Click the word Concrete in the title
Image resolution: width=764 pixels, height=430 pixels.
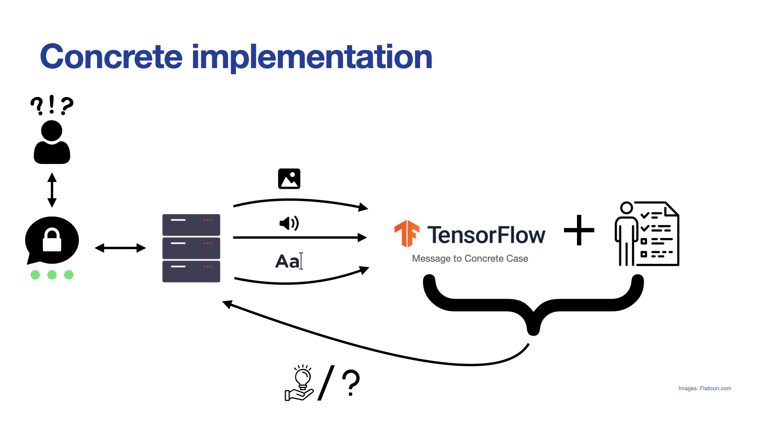coord(111,57)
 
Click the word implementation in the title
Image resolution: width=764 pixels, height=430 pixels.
coord(312,58)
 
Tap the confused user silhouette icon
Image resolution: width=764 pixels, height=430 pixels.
coord(52,142)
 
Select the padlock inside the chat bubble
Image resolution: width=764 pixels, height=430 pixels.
coord(52,239)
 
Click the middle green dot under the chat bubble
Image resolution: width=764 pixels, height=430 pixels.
coord(52,275)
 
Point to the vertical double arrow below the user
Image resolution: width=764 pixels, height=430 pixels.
coord(52,190)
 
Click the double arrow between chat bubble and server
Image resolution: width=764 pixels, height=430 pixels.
coord(120,248)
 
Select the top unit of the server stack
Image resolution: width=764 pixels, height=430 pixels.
coord(191,225)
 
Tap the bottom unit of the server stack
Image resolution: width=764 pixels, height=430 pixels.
coord(191,272)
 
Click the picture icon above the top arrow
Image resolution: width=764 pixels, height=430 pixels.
coord(289,179)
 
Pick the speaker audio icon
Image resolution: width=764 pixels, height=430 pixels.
coord(289,223)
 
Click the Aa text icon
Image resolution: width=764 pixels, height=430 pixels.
coord(289,261)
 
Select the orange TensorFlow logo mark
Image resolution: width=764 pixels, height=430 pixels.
coord(407,234)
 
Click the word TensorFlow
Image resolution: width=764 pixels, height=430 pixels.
coord(486,235)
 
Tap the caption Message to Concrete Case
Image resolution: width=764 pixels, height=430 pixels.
coord(470,259)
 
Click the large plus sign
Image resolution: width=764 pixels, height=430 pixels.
coord(579,230)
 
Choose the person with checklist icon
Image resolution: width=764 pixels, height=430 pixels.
coord(647,234)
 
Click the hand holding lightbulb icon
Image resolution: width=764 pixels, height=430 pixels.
coord(300,383)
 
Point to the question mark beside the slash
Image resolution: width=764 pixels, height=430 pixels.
coord(351,383)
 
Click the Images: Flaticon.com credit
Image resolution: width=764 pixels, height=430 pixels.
coord(705,389)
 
